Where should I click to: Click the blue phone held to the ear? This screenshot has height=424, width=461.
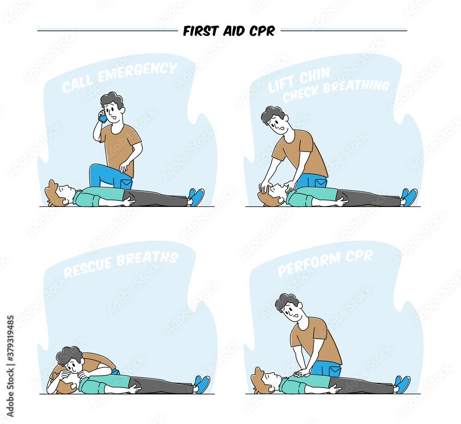(102, 118)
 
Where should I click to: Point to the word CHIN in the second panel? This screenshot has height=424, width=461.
(314, 75)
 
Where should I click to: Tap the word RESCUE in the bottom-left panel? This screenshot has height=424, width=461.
(88, 266)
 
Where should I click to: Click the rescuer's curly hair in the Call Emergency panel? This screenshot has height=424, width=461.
(112, 99)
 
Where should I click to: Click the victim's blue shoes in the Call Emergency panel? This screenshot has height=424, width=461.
(196, 197)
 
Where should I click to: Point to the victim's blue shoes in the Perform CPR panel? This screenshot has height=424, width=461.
(402, 383)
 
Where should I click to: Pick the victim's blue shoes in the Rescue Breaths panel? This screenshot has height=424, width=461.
(201, 384)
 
